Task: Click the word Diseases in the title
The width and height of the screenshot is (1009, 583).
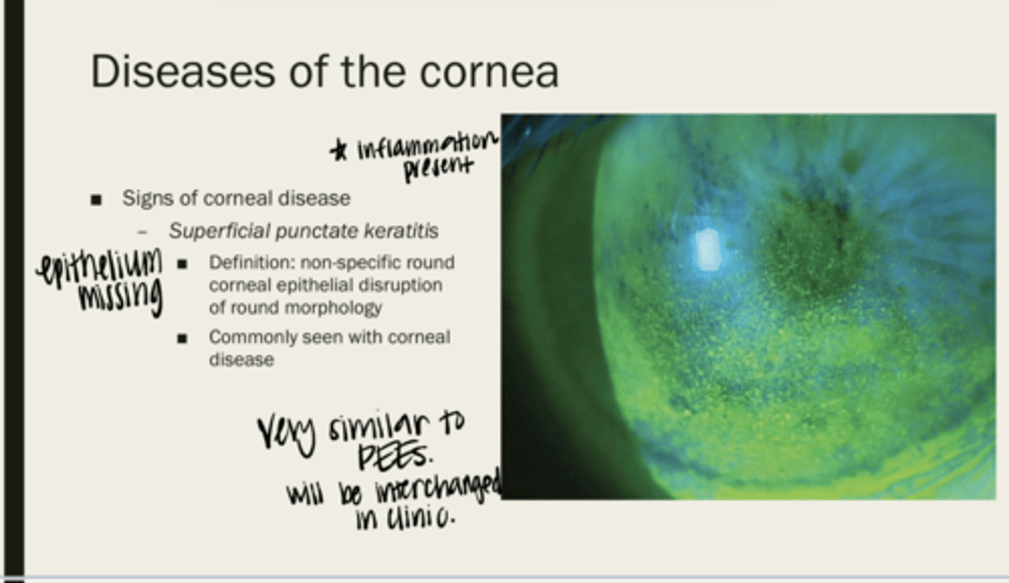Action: click(x=182, y=71)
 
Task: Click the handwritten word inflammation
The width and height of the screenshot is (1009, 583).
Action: click(x=428, y=146)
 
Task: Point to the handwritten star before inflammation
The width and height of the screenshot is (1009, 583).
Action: click(x=338, y=149)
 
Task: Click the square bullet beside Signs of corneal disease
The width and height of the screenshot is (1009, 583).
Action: click(x=96, y=200)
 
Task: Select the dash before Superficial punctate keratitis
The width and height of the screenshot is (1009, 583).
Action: click(x=142, y=233)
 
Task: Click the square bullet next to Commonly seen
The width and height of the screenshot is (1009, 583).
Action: click(x=182, y=338)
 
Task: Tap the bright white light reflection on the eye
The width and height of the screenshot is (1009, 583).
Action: click(x=707, y=250)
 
